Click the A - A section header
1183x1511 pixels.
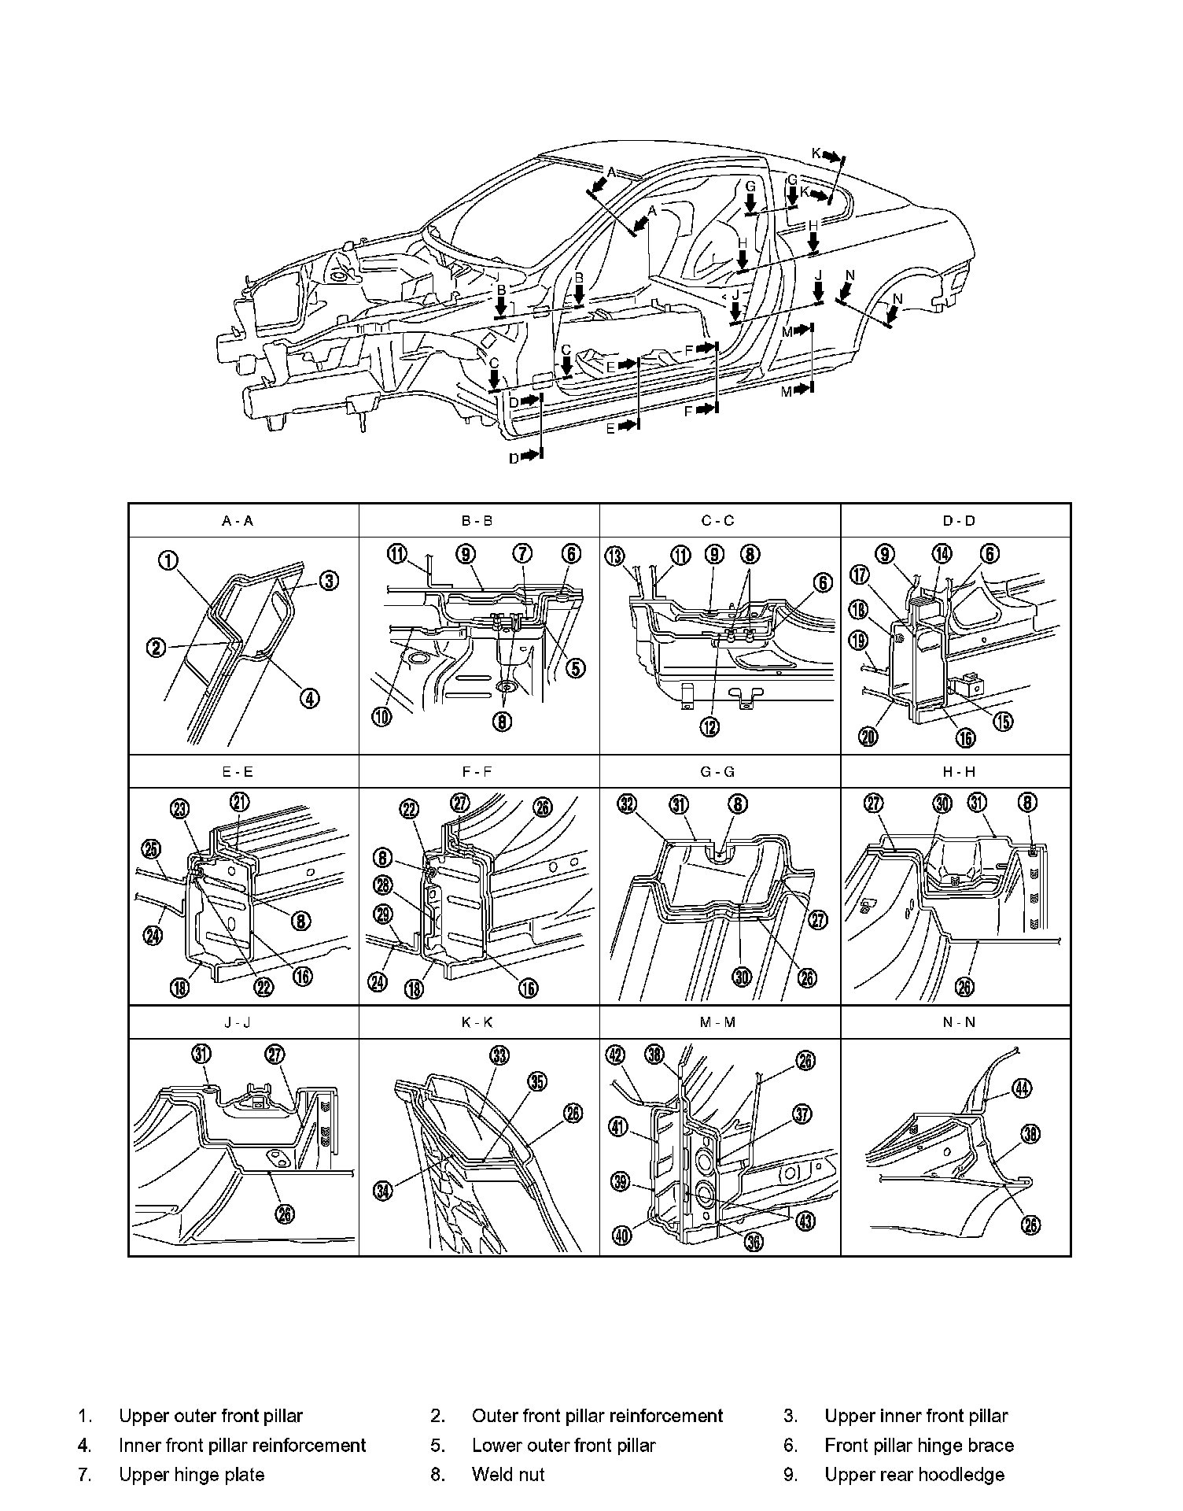pyautogui.click(x=238, y=520)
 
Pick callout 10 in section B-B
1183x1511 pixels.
pyautogui.click(x=381, y=717)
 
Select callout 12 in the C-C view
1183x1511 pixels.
pyautogui.click(x=709, y=727)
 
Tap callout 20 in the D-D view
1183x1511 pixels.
pyautogui.click(x=869, y=737)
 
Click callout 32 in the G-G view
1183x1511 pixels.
pyautogui.click(x=627, y=804)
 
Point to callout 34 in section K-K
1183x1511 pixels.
pyautogui.click(x=382, y=1191)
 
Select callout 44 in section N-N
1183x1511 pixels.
pyautogui.click(x=1021, y=1088)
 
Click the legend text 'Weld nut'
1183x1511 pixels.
pyautogui.click(x=507, y=1474)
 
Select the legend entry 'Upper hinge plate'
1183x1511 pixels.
pyautogui.click(x=191, y=1474)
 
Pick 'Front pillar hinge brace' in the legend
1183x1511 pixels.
pyautogui.click(x=919, y=1445)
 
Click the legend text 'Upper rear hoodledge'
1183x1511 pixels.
pyautogui.click(x=914, y=1474)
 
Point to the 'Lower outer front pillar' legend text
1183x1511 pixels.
pyautogui.click(x=563, y=1445)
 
